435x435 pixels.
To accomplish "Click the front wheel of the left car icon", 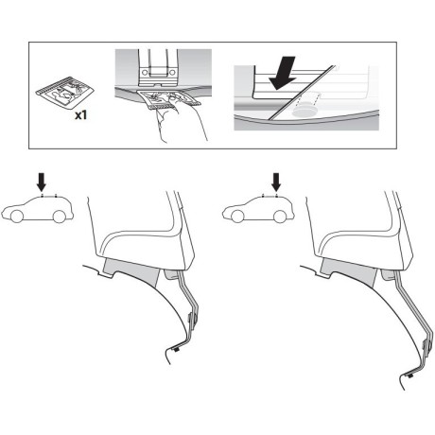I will pyautogui.click(x=18, y=217).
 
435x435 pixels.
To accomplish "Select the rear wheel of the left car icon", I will pyautogui.click(x=59, y=217).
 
